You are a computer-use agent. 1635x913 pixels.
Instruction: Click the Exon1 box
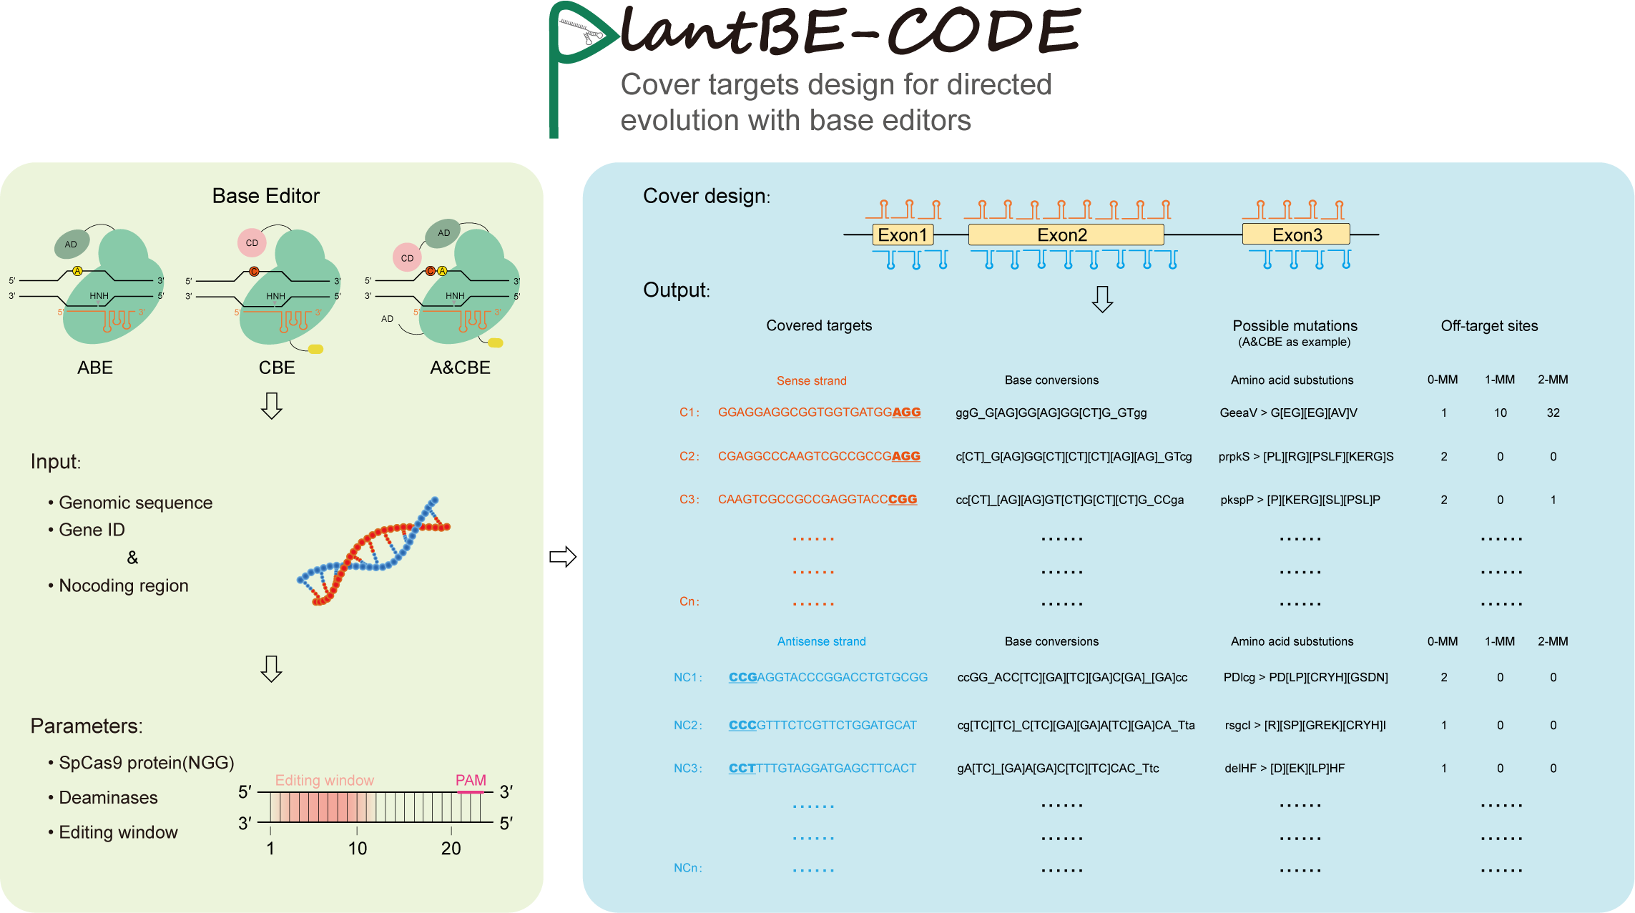point(903,235)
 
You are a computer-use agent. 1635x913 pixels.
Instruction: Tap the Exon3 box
point(1296,235)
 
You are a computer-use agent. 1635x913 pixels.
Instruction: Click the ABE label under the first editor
point(95,367)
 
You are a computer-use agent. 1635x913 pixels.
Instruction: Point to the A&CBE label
point(460,367)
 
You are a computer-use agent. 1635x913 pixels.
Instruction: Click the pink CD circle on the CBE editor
point(252,243)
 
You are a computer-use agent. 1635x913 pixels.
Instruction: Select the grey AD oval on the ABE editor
point(72,244)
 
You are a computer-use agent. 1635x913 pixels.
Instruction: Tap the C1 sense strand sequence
point(819,413)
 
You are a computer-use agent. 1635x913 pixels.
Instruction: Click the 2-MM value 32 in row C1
point(1553,413)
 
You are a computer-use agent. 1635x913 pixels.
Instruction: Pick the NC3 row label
point(687,768)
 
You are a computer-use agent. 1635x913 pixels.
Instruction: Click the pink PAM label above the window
point(471,780)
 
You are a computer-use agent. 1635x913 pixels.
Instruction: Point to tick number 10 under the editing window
point(357,849)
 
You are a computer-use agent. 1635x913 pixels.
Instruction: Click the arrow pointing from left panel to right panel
point(563,557)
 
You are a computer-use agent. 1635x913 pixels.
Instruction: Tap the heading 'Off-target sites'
point(1489,326)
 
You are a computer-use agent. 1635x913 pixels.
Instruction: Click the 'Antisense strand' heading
point(821,641)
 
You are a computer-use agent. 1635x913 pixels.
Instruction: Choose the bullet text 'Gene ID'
point(92,530)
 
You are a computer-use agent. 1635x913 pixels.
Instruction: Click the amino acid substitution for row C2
point(1306,456)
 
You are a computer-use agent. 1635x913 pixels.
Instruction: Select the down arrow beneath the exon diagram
point(1102,300)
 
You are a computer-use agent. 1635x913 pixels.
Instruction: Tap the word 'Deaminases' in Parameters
point(108,797)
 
